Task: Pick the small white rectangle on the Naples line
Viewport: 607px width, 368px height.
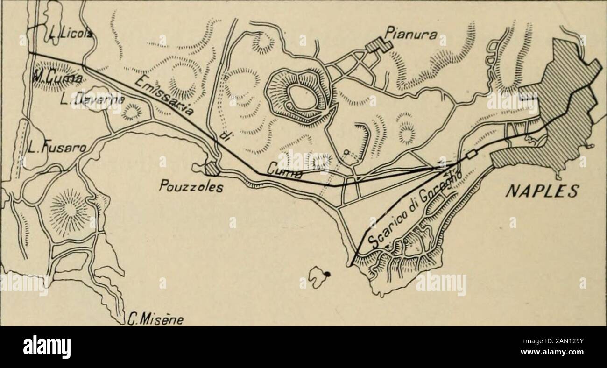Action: [471, 154]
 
